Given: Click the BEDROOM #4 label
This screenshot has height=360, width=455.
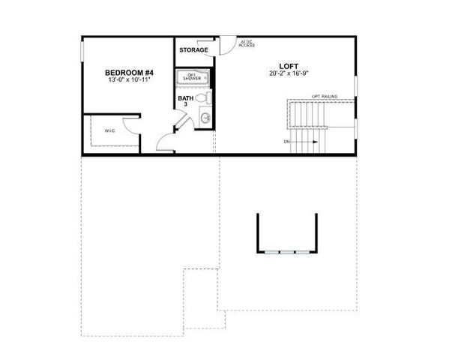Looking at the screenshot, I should [x=124, y=72].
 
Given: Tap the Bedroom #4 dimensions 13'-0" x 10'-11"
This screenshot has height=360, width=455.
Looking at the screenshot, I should [x=124, y=79].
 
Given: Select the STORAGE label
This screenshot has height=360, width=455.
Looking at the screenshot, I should [x=193, y=50].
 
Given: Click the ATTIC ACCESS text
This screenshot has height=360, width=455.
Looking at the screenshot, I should [x=247, y=43].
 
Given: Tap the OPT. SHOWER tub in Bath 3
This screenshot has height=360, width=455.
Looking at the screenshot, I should [x=193, y=76].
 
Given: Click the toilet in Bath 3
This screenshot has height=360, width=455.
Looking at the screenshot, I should [x=203, y=97].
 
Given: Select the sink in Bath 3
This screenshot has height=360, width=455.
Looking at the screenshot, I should [x=205, y=118].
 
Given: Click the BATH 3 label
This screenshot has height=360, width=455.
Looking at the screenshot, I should [x=185, y=101].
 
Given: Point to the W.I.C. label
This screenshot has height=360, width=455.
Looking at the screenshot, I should [x=109, y=130].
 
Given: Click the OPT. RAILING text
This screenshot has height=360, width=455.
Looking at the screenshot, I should [x=325, y=96].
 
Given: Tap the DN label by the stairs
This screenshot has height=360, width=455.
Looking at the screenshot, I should [x=286, y=142].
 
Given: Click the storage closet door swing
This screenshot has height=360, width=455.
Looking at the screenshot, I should [x=223, y=46].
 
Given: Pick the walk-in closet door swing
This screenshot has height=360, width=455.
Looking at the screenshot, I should [x=133, y=124].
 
